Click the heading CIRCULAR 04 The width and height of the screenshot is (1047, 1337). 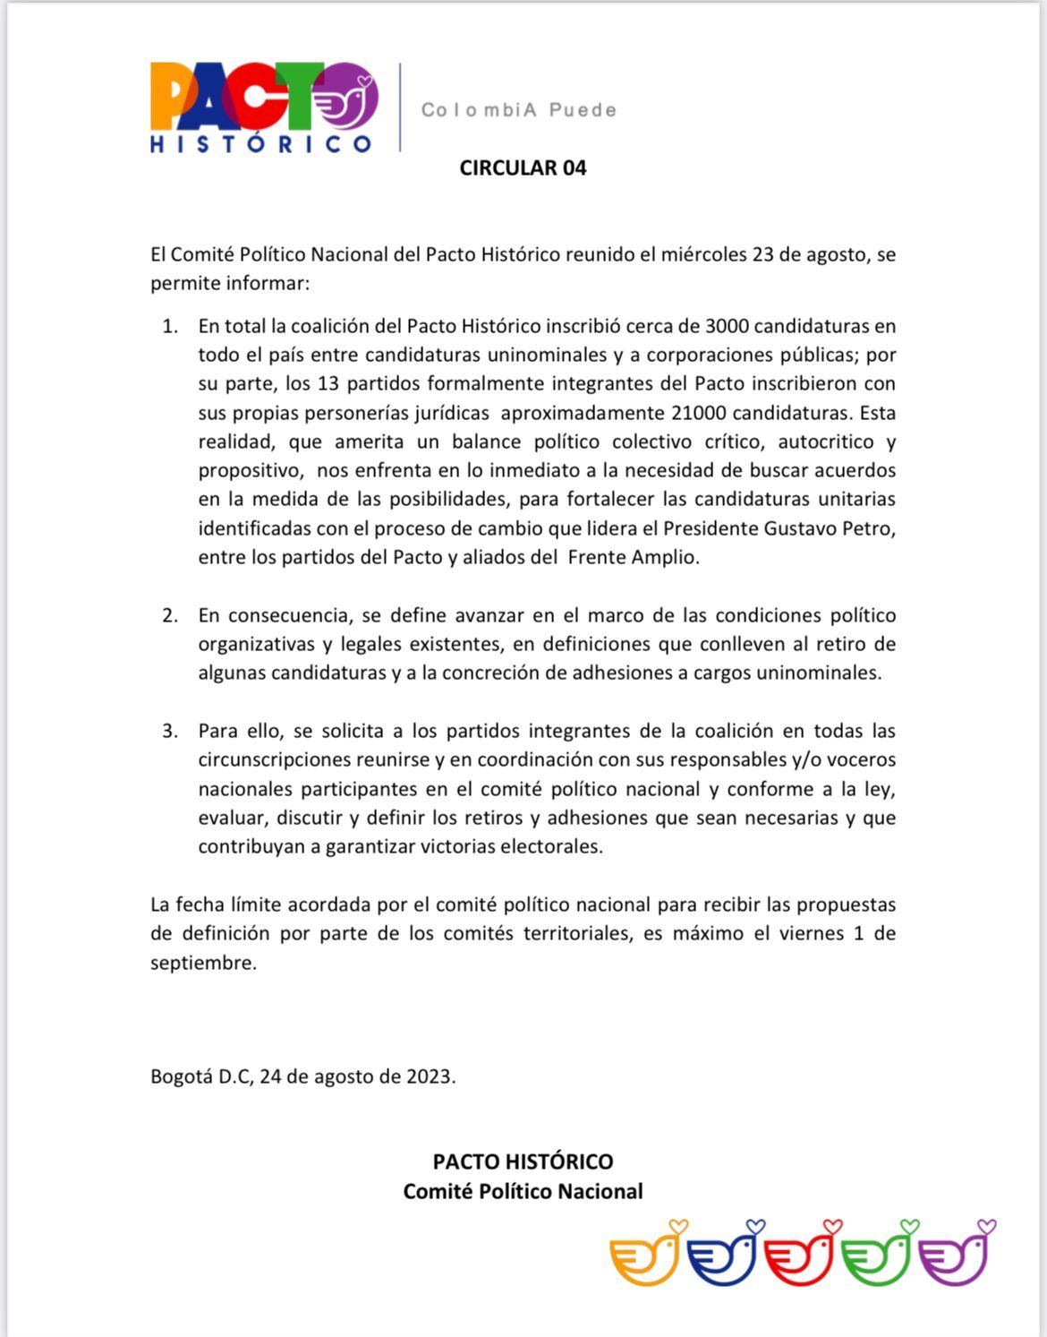point(523,168)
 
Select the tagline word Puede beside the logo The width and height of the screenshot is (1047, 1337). point(583,110)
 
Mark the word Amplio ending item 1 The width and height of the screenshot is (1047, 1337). point(662,557)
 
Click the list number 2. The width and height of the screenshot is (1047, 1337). point(170,615)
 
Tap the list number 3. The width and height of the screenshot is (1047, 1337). point(170,731)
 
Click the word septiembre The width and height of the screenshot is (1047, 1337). point(202,964)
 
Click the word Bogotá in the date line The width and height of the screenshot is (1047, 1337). point(182,1076)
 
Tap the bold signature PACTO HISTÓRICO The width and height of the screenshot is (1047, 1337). point(523,1161)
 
